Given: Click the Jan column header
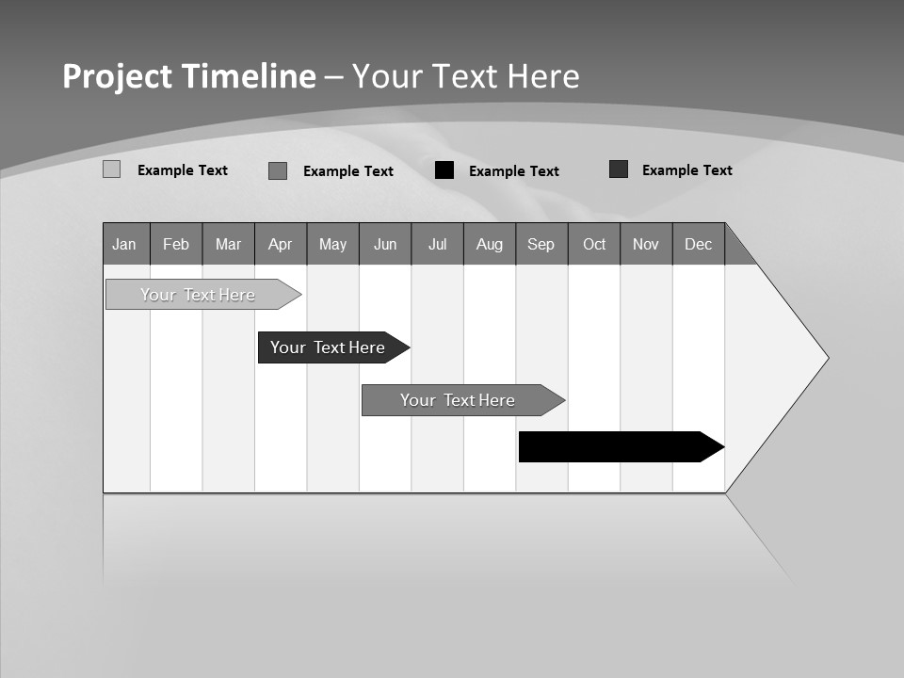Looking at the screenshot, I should click(125, 244).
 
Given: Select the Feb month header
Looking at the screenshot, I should click(176, 244).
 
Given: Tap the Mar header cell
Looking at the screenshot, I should click(228, 244).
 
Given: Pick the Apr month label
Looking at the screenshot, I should click(281, 244).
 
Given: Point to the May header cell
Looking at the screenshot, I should click(332, 244).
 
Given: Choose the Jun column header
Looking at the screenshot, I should click(385, 244).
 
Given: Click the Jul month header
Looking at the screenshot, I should click(437, 244).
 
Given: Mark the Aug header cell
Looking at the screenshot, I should click(490, 244).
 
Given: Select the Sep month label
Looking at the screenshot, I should click(541, 244).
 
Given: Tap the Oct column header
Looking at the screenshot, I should click(594, 244).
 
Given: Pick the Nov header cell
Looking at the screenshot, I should click(646, 244).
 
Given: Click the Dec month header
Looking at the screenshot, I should click(699, 244).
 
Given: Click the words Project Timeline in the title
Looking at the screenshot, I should click(189, 76).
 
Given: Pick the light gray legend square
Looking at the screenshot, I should click(111, 169).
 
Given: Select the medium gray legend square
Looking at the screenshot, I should click(278, 170).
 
